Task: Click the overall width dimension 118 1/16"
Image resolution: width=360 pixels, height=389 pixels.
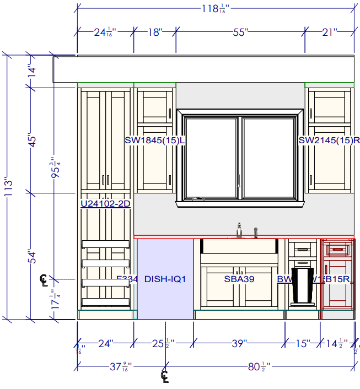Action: click(x=214, y=8)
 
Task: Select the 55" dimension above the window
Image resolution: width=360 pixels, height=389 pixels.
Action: click(x=238, y=33)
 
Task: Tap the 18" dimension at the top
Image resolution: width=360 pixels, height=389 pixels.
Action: click(x=155, y=33)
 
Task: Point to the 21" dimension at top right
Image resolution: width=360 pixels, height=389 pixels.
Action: click(x=330, y=33)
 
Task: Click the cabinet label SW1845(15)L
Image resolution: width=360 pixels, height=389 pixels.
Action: click(x=154, y=141)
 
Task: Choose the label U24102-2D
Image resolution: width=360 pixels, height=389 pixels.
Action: click(x=105, y=204)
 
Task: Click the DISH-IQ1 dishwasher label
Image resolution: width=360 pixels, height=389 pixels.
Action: click(x=165, y=279)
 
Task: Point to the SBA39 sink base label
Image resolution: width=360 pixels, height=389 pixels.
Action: click(x=239, y=279)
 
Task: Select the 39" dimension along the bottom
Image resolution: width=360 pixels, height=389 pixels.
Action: click(x=238, y=344)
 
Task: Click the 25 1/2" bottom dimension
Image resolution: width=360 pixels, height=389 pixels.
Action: click(x=164, y=344)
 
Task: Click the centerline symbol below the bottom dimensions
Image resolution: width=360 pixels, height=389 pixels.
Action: click(x=165, y=376)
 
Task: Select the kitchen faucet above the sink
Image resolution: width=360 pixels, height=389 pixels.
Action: click(x=239, y=229)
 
